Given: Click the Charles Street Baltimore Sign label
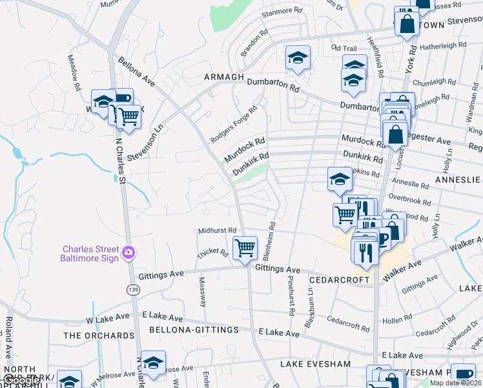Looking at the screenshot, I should click(90, 253).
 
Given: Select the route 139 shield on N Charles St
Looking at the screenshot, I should click(132, 289).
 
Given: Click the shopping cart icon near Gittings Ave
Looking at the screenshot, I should click(245, 248).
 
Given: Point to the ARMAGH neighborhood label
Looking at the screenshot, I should click(224, 77).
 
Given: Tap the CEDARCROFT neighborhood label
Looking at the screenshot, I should click(339, 281).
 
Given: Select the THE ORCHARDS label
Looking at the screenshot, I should click(99, 336).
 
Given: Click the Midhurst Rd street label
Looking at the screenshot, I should click(218, 230).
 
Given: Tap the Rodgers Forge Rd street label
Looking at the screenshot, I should click(234, 125).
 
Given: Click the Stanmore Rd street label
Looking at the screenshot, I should click(282, 12).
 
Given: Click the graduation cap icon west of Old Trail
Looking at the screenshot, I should click(298, 58).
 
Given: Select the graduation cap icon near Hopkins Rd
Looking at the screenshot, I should click(339, 179).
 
